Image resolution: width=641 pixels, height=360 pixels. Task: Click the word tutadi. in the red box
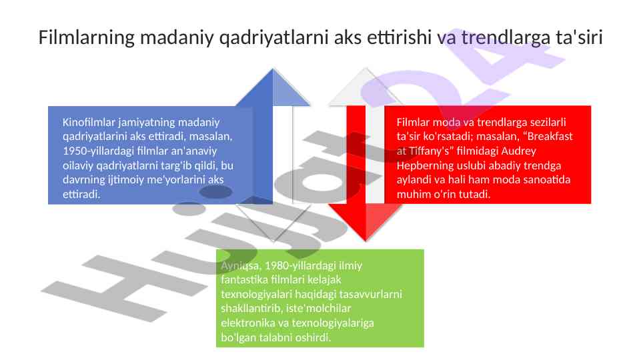tap(476, 195)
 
